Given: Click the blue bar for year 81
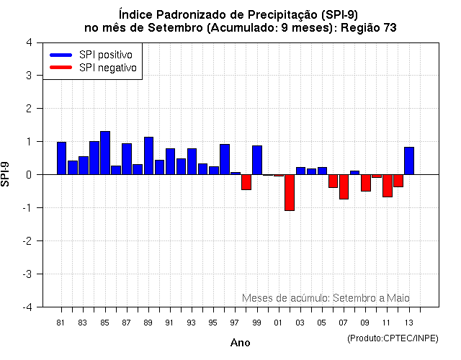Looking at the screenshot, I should [61, 158].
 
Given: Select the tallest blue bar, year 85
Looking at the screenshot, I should [105, 153].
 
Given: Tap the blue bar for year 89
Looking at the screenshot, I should [148, 156].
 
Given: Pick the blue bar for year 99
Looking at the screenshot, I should [257, 160].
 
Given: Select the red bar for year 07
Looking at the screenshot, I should [344, 186].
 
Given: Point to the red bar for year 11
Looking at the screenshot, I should [387, 186].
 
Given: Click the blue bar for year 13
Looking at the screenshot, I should [409, 161].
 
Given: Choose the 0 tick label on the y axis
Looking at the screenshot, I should [28, 175].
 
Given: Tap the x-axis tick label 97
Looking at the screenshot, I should [234, 323].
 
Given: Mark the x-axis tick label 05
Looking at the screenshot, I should [321, 323].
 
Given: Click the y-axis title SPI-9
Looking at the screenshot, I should [6, 174].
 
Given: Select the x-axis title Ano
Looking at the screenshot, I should [240, 343].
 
